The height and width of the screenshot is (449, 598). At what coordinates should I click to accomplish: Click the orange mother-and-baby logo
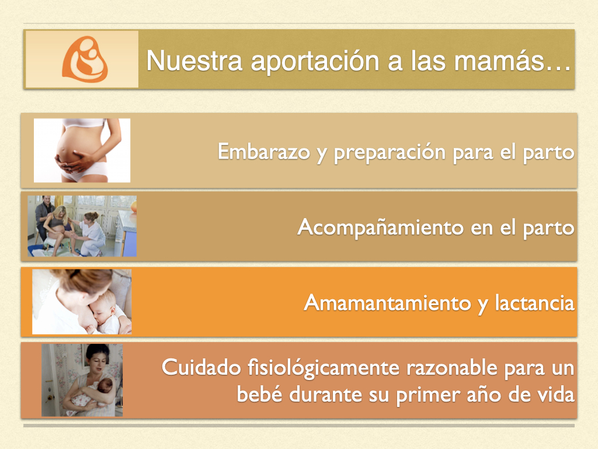pyautogui.click(x=85, y=59)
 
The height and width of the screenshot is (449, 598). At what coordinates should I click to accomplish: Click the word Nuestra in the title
pyautogui.click(x=194, y=60)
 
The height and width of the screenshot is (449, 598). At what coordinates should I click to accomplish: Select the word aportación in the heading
pyautogui.click(x=315, y=61)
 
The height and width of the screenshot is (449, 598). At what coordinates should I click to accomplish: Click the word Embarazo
pyautogui.click(x=264, y=151)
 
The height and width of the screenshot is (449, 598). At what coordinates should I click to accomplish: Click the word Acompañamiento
pyautogui.click(x=381, y=228)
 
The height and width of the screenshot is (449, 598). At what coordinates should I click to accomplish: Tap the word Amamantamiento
pyautogui.click(x=388, y=303)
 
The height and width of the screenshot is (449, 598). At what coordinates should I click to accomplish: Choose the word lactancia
pyautogui.click(x=535, y=303)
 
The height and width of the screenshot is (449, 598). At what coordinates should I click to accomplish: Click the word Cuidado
pyautogui.click(x=201, y=368)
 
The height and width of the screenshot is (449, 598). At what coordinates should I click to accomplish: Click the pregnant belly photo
pyautogui.click(x=82, y=150)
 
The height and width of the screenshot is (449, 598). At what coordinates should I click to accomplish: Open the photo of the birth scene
pyautogui.click(x=82, y=226)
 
